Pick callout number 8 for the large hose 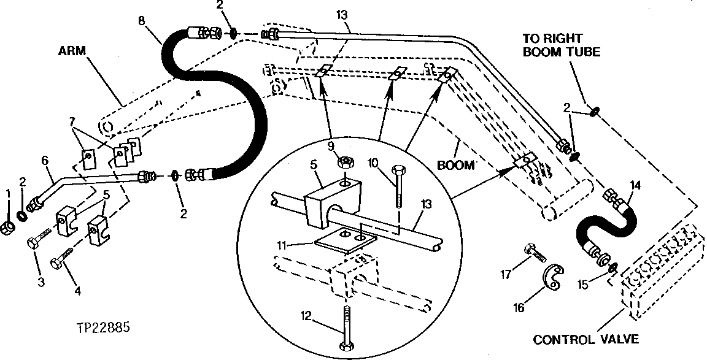[142, 20]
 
